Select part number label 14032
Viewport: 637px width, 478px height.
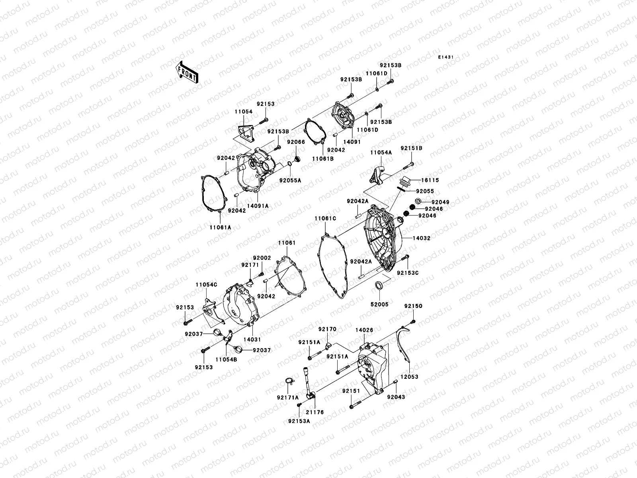421,238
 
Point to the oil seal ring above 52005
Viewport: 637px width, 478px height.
379,285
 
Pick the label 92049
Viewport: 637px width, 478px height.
440,202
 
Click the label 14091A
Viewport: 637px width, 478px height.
258,206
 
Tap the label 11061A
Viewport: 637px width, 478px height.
221,227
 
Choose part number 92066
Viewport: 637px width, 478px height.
296,141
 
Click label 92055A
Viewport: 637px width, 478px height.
290,180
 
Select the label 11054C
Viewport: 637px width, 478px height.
206,285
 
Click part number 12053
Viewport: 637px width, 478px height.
409,376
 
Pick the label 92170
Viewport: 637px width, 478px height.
327,329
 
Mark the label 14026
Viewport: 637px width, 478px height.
364,330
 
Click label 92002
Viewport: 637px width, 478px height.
262,258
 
